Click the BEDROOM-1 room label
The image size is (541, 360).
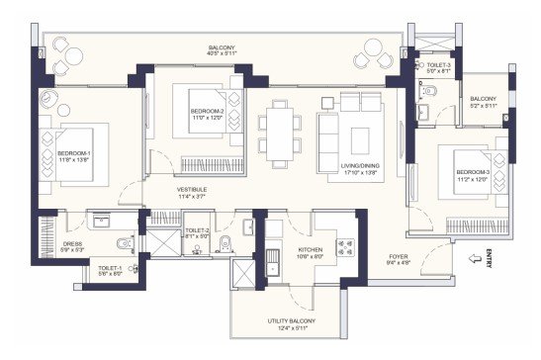[x=74, y=153]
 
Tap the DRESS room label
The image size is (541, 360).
[x=71, y=243]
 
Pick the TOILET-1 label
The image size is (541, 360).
[x=109, y=268]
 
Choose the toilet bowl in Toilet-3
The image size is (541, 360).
[x=427, y=90]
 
